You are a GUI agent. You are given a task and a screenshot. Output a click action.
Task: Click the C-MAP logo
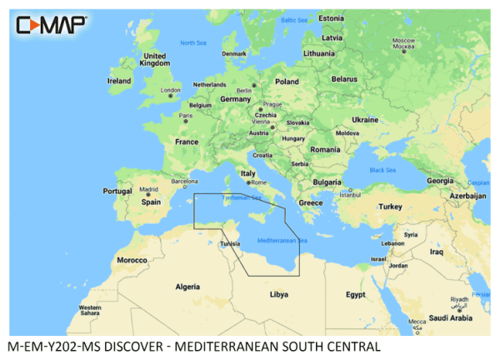click(51, 26)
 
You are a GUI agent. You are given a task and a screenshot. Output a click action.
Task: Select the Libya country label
click(278, 294)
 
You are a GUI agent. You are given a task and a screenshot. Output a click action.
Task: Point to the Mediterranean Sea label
click(282, 241)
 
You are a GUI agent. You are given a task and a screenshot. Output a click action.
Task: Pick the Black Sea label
click(382, 170)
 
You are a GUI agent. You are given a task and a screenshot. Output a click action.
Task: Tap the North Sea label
click(193, 42)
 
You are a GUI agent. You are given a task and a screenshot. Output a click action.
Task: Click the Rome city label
click(257, 182)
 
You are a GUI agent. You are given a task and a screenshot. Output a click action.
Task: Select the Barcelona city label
click(184, 179)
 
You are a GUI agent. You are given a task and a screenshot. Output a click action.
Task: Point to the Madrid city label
click(148, 189)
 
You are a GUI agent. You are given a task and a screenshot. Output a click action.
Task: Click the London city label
click(170, 90)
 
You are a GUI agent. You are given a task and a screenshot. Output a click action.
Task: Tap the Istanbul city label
click(347, 195)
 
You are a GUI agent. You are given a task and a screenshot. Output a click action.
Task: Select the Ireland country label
click(119, 81)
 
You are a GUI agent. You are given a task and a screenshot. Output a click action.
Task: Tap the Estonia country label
click(331, 18)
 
